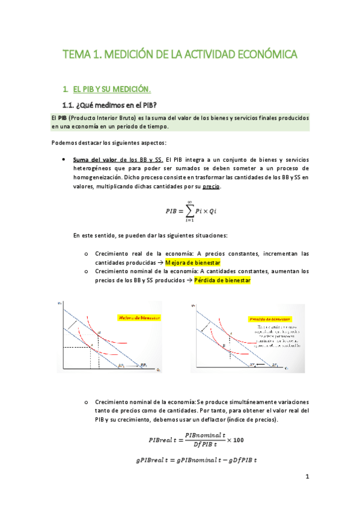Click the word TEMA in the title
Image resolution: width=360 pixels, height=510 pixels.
(x=75, y=55)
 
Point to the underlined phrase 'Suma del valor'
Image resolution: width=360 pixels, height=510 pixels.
(x=95, y=159)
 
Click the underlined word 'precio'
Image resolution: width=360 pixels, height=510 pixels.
(x=211, y=186)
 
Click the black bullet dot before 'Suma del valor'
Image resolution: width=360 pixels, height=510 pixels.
(x=64, y=160)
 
